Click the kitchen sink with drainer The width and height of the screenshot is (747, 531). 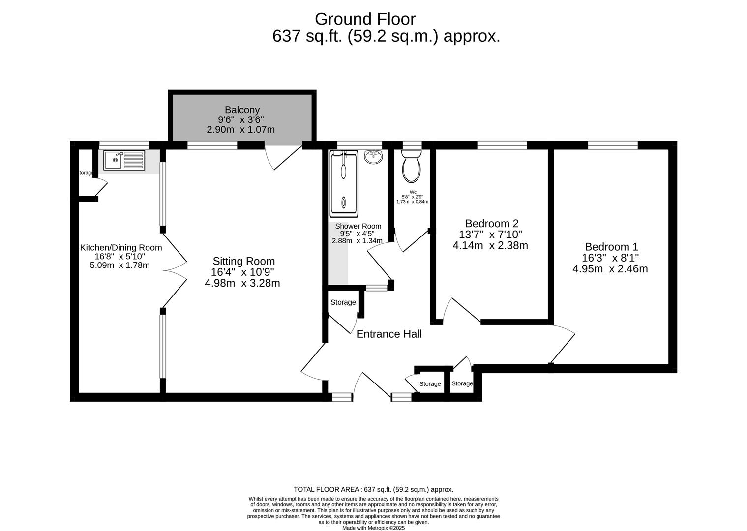(x=124, y=160)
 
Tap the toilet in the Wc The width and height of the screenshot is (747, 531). (x=411, y=166)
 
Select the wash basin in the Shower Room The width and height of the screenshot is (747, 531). (x=374, y=157)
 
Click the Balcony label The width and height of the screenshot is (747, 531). (x=242, y=110)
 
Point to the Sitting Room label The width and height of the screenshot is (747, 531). (x=244, y=261)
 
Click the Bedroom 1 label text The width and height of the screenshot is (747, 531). (x=612, y=247)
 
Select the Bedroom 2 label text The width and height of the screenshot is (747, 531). (x=492, y=223)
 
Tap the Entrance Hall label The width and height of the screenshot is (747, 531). (x=389, y=334)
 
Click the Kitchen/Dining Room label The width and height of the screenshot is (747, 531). (x=121, y=248)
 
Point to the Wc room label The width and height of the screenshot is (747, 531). (x=413, y=192)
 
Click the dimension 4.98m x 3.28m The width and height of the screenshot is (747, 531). (x=242, y=283)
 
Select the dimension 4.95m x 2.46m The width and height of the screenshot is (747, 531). (x=610, y=268)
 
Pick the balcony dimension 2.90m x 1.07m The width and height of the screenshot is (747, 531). (x=241, y=129)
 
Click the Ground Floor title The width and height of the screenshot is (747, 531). (x=365, y=19)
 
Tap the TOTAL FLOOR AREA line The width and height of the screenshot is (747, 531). (x=374, y=489)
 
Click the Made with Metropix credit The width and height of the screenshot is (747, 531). (x=374, y=528)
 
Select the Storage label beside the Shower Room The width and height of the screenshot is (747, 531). (x=343, y=302)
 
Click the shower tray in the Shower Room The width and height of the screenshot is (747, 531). (x=343, y=184)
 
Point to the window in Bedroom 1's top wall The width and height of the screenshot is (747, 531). (x=613, y=145)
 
